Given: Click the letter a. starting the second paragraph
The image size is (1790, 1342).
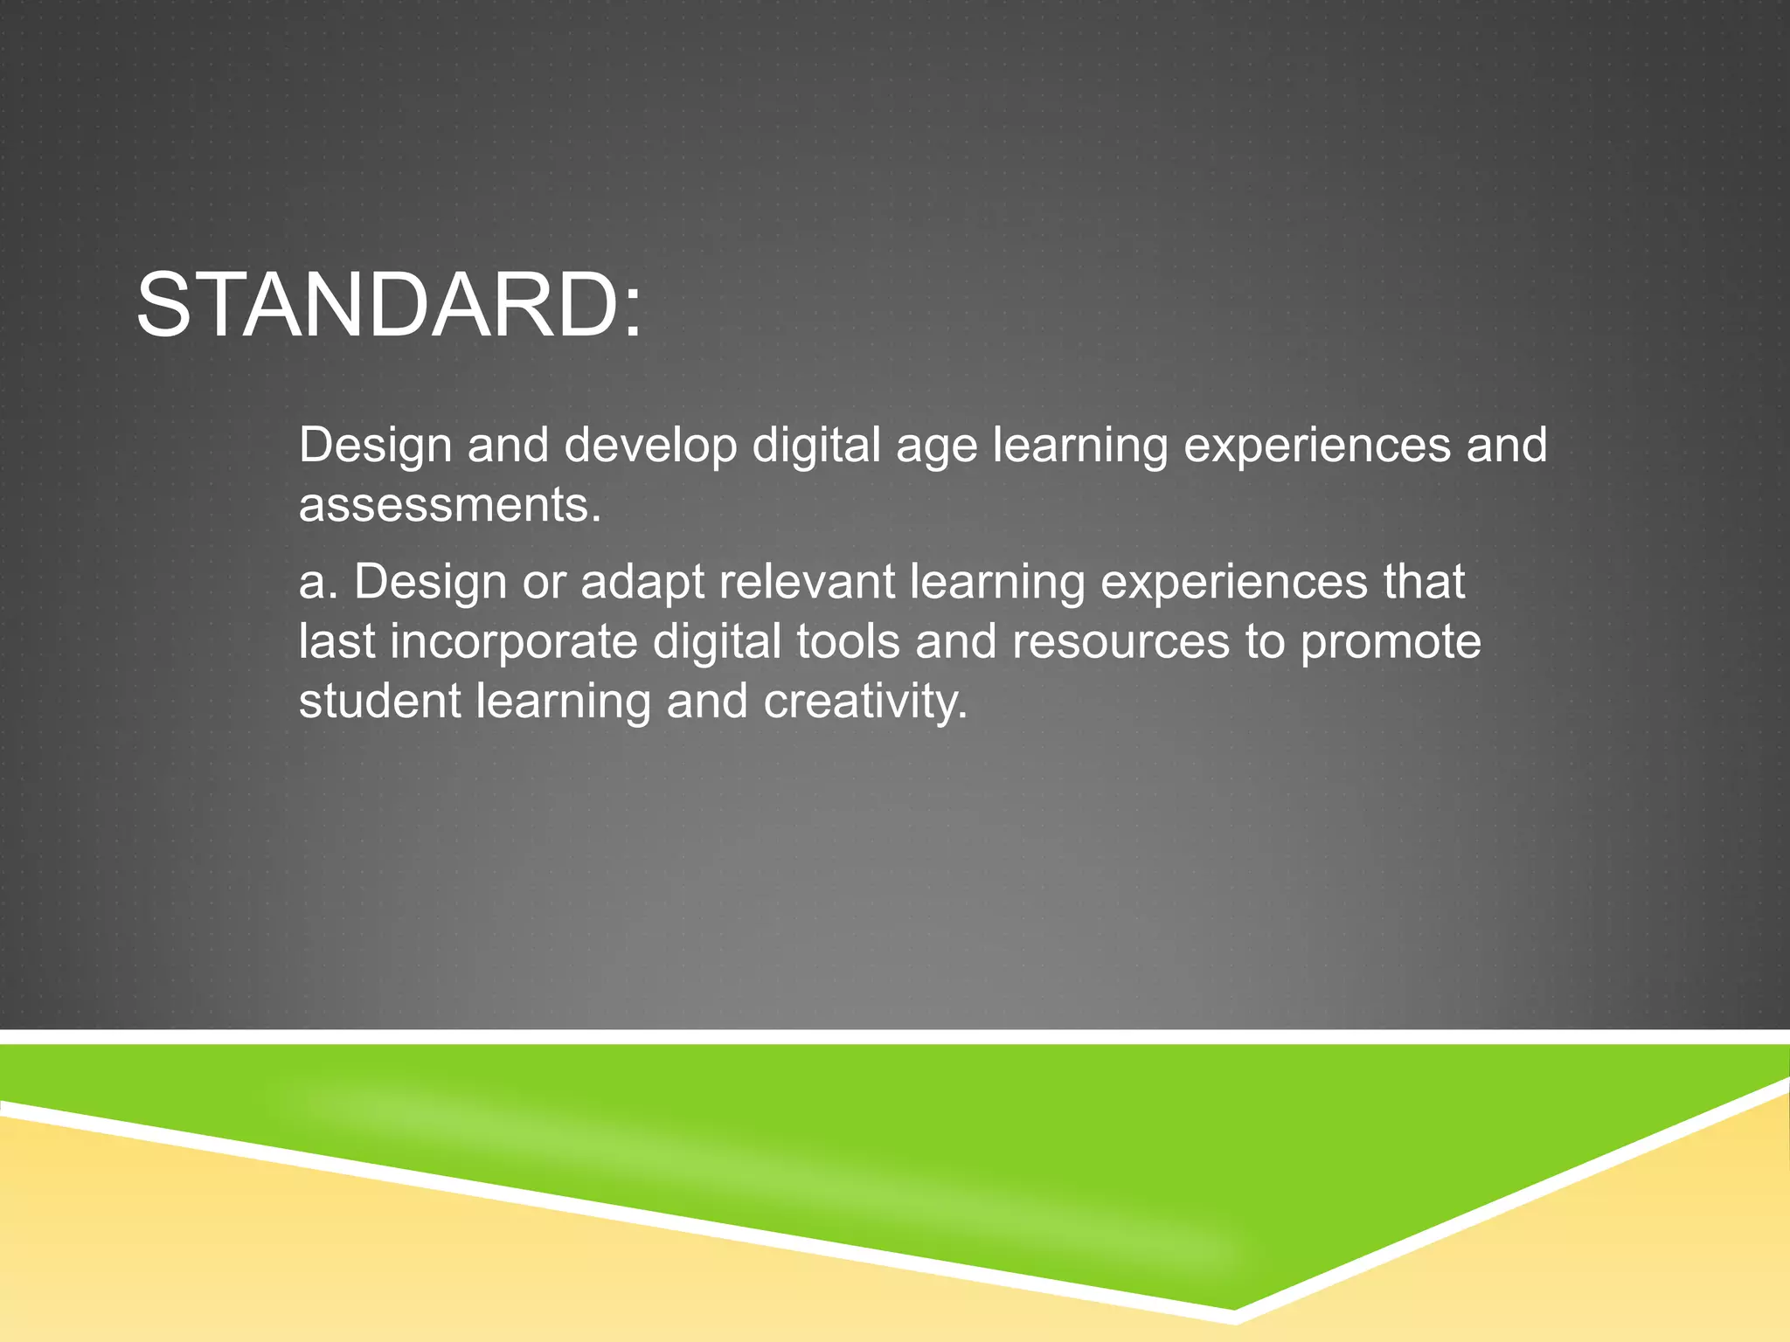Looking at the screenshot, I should (x=318, y=584).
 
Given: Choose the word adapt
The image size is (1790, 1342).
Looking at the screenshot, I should (x=642, y=584).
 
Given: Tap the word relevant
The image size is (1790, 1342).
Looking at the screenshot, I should (x=807, y=582).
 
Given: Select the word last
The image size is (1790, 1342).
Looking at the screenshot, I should (x=336, y=641).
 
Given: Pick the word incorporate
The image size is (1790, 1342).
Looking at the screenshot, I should (x=514, y=643).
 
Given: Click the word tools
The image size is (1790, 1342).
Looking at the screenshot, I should (x=848, y=641).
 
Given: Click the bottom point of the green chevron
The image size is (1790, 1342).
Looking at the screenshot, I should (x=1233, y=1308).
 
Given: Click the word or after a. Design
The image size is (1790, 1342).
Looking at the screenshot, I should (x=544, y=584).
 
